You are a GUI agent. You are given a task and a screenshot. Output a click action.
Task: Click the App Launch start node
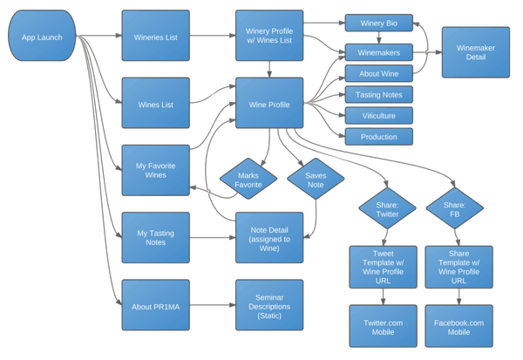42,37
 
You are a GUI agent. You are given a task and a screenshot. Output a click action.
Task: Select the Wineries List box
155,37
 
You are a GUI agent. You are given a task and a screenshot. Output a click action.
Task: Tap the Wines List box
155,105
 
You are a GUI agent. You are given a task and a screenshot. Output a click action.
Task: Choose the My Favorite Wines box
155,169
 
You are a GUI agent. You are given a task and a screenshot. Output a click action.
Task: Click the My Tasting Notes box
155,237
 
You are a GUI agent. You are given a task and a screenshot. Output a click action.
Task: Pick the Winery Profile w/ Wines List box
269,36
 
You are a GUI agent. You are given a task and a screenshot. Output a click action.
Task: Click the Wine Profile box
269,105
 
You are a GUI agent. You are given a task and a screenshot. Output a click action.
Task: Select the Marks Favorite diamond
248,180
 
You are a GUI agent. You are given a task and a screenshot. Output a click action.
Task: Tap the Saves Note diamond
315,180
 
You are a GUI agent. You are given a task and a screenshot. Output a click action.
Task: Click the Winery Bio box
378,23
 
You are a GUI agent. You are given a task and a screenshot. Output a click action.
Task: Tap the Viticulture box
378,115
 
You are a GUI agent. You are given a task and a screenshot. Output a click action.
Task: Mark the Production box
378,137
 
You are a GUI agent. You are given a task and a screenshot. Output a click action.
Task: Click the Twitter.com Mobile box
384,328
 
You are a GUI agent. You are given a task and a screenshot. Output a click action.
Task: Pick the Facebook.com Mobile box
458,328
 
